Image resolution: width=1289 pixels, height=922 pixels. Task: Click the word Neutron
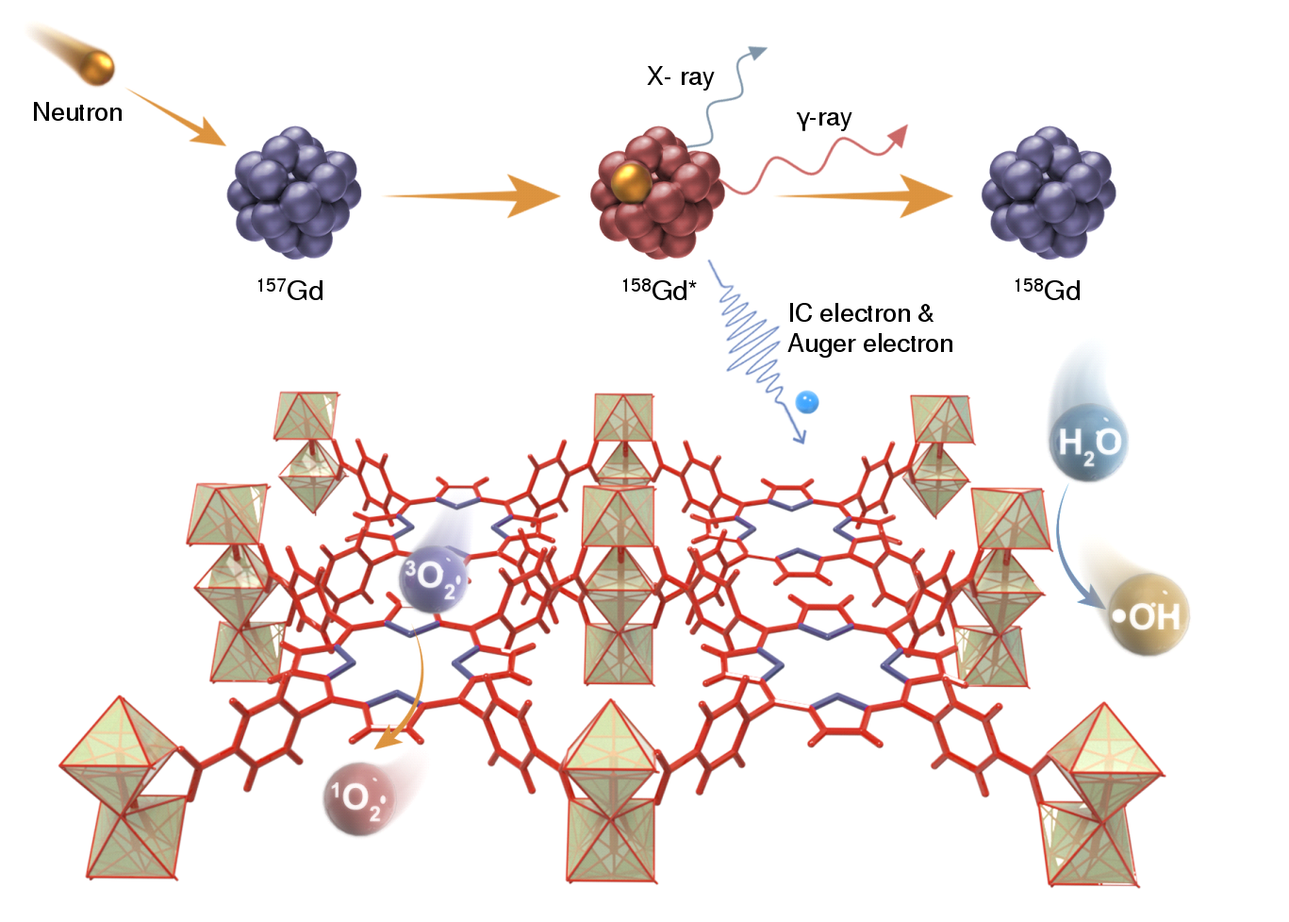pyautogui.click(x=77, y=111)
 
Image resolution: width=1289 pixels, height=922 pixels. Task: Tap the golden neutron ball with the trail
pyautogui.click(x=97, y=66)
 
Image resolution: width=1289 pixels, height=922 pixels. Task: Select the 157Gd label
pyautogui.click(x=290, y=290)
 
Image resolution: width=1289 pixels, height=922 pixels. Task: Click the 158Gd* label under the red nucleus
pyautogui.click(x=659, y=290)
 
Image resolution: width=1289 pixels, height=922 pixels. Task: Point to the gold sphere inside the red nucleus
pyautogui.click(x=631, y=182)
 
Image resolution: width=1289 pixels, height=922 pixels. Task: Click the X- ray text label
pyautogui.click(x=680, y=76)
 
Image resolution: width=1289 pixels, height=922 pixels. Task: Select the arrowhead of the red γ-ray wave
pyautogui.click(x=899, y=135)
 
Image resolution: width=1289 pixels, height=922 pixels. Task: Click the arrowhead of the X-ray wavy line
pyautogui.click(x=757, y=53)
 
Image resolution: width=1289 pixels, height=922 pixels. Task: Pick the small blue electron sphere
pyautogui.click(x=807, y=402)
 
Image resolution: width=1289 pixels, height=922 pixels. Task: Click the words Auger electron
pyautogui.click(x=870, y=344)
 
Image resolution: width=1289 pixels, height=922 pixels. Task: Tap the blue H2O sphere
pyautogui.click(x=1088, y=443)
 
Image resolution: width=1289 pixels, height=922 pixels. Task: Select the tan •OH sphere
pyautogui.click(x=1149, y=614)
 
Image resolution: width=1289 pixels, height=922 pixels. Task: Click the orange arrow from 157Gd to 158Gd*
pyautogui.click(x=471, y=196)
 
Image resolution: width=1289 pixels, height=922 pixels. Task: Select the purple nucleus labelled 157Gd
pyautogui.click(x=293, y=193)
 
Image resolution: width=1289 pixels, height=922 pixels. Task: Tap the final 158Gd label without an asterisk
pyautogui.click(x=1048, y=290)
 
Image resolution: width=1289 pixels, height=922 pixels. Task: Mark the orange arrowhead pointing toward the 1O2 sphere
pyautogui.click(x=388, y=740)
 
